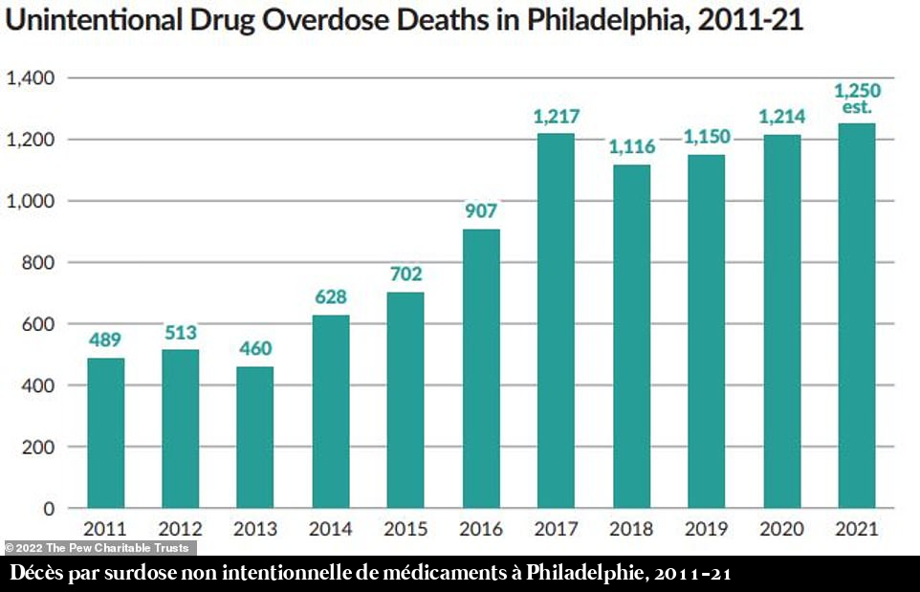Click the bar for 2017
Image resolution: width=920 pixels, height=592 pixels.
(556, 320)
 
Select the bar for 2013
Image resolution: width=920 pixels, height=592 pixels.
(255, 437)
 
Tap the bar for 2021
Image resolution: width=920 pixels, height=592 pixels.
(856, 316)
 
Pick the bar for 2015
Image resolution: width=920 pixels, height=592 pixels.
(405, 400)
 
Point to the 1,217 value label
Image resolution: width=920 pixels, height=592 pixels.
(556, 117)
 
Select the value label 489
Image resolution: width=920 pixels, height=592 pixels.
(105, 340)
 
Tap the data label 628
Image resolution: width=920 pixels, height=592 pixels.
(330, 297)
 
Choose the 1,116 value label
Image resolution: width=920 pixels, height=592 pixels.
(630, 147)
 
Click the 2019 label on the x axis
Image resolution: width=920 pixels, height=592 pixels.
(706, 528)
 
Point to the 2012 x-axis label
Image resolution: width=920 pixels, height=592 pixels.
(180, 528)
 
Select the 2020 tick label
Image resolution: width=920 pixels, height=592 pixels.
(781, 528)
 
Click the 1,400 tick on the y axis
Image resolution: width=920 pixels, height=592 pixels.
(33, 77)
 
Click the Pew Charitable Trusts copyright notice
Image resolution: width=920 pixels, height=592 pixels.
(99, 548)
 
